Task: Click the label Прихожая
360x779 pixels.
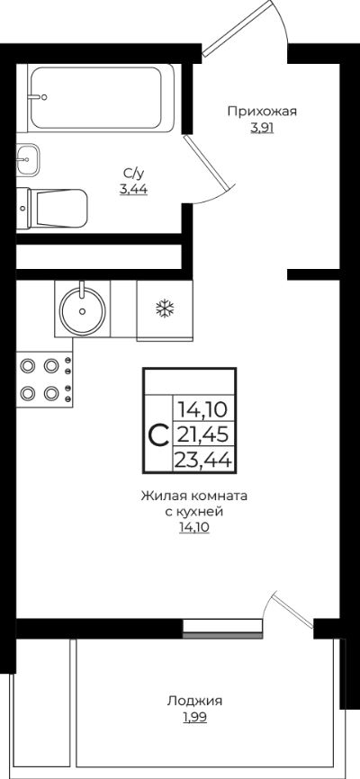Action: tap(262, 112)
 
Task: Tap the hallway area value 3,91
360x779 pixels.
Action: tap(262, 129)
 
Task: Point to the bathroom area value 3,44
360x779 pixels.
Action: tap(133, 189)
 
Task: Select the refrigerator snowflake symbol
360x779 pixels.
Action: tap(165, 309)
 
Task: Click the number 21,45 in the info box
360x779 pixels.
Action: tap(203, 436)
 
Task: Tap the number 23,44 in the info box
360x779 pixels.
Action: tap(203, 461)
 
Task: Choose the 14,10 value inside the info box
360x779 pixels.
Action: tap(203, 411)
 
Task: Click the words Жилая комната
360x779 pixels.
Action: tap(193, 496)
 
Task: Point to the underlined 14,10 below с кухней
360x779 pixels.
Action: tap(193, 528)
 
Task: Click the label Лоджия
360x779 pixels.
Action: tap(193, 701)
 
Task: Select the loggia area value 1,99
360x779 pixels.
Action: tap(193, 717)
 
